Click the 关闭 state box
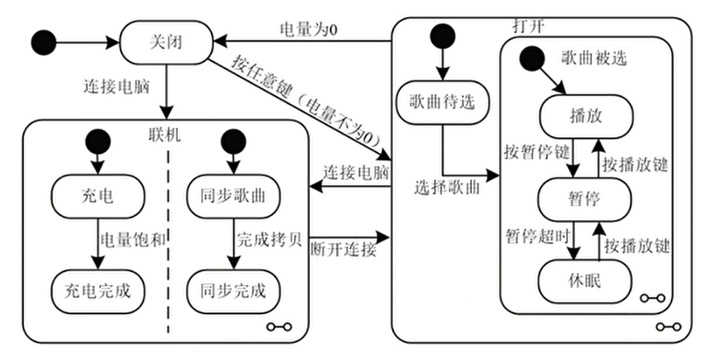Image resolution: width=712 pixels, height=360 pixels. point(166,43)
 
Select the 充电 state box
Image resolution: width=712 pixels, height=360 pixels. point(97,197)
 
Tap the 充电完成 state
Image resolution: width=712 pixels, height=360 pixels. point(97,292)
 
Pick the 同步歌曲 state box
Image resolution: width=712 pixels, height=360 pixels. point(234,197)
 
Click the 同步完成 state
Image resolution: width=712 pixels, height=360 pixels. point(234,292)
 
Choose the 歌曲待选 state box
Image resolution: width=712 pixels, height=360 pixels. point(442,102)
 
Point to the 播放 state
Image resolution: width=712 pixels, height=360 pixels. point(586,117)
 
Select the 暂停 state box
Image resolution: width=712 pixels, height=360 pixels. point(585,200)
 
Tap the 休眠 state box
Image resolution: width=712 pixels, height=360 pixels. point(585,281)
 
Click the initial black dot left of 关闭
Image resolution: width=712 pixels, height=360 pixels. point(43,43)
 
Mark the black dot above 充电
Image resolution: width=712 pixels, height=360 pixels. point(97,142)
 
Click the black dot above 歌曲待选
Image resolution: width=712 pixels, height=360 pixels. point(442,36)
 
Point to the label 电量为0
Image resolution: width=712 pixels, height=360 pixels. point(308,30)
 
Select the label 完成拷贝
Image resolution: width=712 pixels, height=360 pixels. point(269,240)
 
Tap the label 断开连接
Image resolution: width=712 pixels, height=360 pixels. point(344,249)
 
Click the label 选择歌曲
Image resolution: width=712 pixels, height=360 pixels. point(447,188)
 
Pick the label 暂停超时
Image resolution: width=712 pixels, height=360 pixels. point(538,236)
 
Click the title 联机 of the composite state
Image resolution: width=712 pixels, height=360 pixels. point(164,134)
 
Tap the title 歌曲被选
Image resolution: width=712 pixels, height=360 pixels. point(594,58)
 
